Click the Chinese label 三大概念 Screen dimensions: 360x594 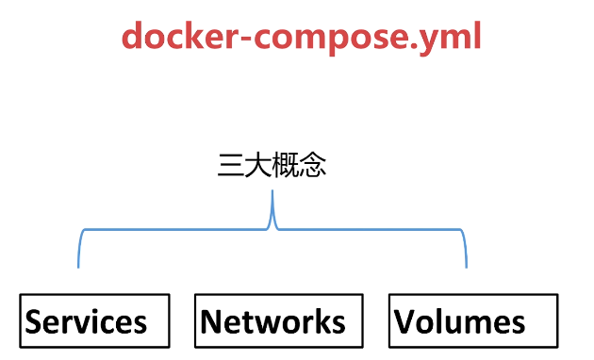pos(272,167)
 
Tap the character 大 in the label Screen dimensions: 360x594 pos(258,167)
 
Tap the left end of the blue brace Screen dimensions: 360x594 pos(78,264)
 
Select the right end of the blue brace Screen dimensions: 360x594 pos(467,264)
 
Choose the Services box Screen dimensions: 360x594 pos(95,321)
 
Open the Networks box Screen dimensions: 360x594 pos(277,321)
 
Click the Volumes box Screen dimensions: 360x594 pos(473,321)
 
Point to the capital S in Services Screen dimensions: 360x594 pos(35,322)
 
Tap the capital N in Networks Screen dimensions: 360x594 pos(211,322)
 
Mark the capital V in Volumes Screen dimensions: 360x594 pos(405,322)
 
